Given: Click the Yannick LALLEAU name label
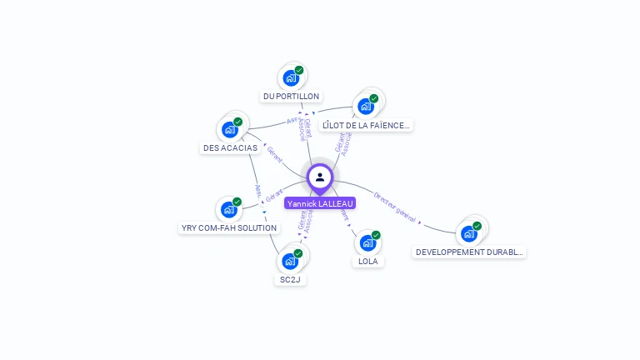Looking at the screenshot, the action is tap(320, 203).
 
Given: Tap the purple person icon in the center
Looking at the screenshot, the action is tap(320, 177).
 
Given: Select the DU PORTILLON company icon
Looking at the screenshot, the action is tap(290, 78).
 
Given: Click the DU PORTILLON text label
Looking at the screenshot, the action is tap(291, 97).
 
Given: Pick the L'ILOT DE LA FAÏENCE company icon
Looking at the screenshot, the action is tap(365, 107).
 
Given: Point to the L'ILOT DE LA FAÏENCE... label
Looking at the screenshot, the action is tap(367, 125).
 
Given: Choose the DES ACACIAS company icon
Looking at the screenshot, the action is tap(229, 130).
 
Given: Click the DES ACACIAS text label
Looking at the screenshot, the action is tap(230, 147).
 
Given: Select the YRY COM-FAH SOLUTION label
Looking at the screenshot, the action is tap(229, 227).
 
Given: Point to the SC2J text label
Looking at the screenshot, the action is tap(290, 279).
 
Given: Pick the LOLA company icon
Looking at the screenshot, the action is tap(367, 242).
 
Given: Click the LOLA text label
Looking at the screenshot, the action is tap(367, 261).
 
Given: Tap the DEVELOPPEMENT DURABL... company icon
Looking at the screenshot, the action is tap(468, 233).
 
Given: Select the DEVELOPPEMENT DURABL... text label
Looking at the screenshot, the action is tap(470, 252).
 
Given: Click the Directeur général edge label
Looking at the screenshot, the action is tap(394, 207).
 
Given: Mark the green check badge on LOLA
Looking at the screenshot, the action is tap(376, 235).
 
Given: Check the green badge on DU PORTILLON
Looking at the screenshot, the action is tap(299, 71).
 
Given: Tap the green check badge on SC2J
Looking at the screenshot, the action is tap(298, 253).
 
